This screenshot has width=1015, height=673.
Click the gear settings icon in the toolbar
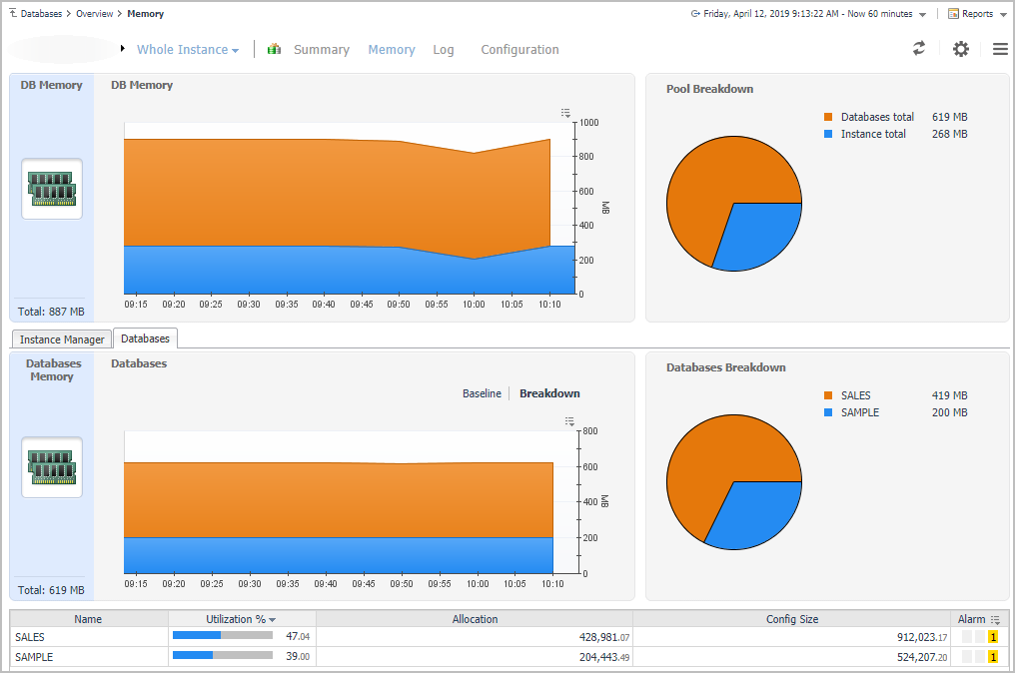coord(960,49)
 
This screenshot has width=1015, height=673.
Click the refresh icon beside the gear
coord(919,48)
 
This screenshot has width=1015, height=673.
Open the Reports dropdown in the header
coord(976,14)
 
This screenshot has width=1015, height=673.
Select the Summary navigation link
coord(321,50)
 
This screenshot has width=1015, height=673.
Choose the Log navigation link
coord(443,50)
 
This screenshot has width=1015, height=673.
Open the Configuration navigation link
coord(519,50)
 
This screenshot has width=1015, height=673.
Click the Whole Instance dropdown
coord(187,50)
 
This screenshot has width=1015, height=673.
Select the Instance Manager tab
coord(62,339)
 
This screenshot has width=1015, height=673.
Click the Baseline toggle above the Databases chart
coord(482,393)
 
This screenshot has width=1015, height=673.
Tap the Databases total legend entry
coord(876,117)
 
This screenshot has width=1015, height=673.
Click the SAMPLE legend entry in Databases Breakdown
coord(859,412)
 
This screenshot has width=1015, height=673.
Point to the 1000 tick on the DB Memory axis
coord(588,123)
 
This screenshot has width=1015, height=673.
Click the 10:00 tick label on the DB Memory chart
coord(474,305)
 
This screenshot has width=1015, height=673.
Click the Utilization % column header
coord(241,619)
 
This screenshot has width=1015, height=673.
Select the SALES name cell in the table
coord(30,637)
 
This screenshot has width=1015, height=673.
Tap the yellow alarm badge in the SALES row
coord(993,637)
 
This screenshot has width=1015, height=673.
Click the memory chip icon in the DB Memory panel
coord(52,188)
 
